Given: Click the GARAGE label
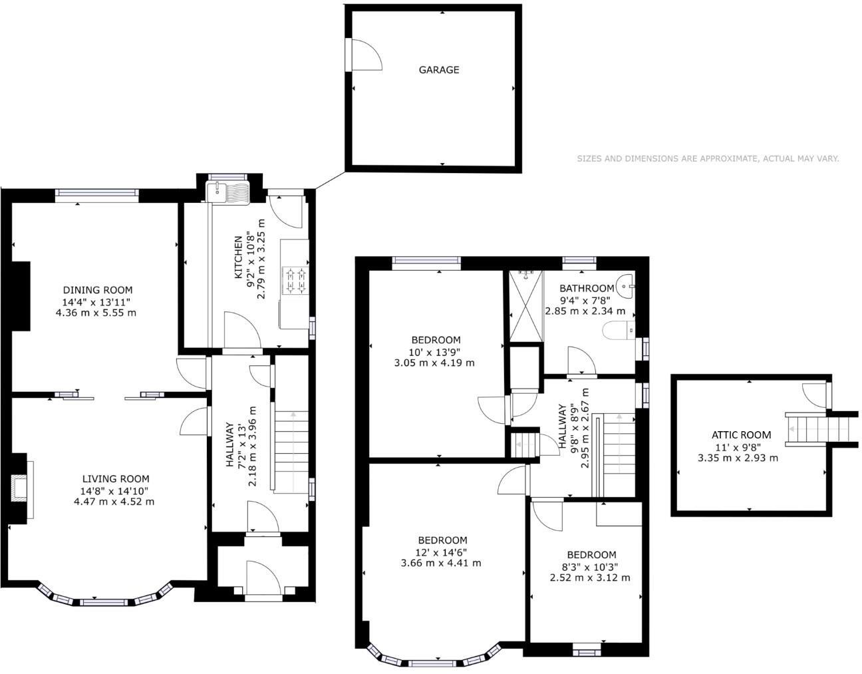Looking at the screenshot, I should click(x=438, y=70).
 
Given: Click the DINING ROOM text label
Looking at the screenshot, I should click(x=98, y=290).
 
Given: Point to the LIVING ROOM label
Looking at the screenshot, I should click(x=116, y=478).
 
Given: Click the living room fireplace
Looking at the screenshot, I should click(x=19, y=488).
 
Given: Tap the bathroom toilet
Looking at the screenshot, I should click(x=619, y=329).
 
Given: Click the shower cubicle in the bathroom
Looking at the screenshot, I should click(x=525, y=305).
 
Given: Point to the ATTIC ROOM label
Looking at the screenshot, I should click(x=741, y=434).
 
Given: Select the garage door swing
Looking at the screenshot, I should click(x=364, y=55).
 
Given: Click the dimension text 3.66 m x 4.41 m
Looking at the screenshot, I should click(x=441, y=563).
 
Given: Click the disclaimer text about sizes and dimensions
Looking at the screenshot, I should click(x=708, y=158).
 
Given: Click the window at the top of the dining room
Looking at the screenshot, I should click(x=97, y=194).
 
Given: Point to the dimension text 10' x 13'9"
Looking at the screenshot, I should click(x=434, y=352).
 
